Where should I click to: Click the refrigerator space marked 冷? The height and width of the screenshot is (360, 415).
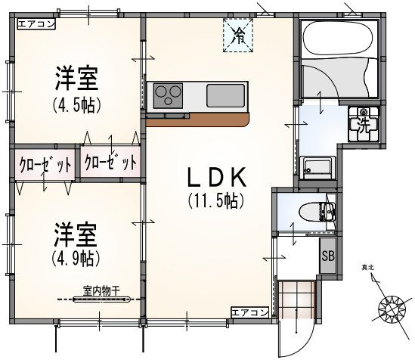coord(238,36)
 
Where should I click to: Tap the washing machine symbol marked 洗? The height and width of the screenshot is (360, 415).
coord(364,124)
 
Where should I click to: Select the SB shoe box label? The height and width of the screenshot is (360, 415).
coord(328,256)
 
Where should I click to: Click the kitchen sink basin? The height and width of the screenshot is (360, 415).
coord(225,95)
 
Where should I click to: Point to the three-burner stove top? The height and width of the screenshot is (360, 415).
coord(168,96)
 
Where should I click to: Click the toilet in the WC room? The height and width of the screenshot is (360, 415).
coord(316,212)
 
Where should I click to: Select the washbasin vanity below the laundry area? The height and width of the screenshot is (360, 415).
coord(318,169)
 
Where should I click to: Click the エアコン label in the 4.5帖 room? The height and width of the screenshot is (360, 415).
coord(36,24)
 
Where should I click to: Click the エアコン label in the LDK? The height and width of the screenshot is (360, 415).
coord(250,312)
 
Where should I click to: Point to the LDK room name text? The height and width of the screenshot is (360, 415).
coord(217,177)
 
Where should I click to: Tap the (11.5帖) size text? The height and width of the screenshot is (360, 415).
coord(215,200)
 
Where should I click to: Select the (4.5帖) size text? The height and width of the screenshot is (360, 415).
coord(77,104)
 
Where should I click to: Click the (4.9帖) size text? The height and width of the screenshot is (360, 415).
coord(76,258)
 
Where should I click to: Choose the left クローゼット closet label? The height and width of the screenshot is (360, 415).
coord(45,165)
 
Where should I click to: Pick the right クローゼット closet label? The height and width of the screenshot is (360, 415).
coord(110,162)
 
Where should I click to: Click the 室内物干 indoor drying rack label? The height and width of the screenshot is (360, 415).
coord(101,291)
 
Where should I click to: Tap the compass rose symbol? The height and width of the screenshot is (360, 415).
coord(392,309)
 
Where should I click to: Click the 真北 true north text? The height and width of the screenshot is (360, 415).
coord(368,268)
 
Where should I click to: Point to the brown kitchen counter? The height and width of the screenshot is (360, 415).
coord(197,119)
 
